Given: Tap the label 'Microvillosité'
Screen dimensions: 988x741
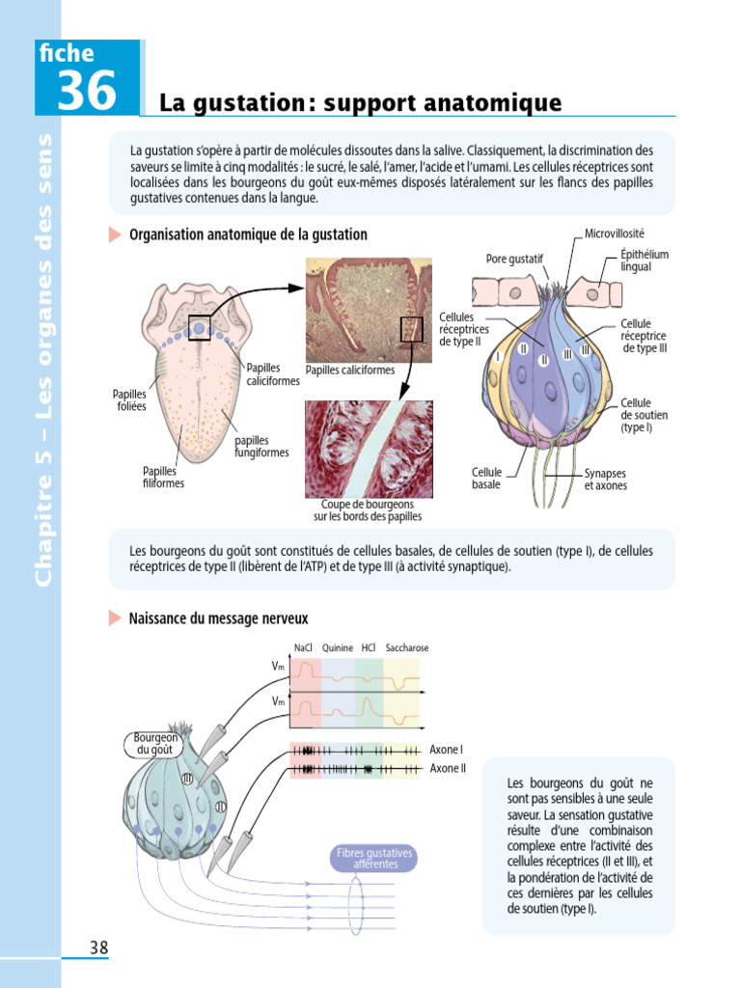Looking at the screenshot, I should (x=614, y=233).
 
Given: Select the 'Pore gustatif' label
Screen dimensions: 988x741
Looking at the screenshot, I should (x=515, y=259).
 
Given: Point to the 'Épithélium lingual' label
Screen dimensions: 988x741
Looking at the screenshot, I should (x=644, y=261).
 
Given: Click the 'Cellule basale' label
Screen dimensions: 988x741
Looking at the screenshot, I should (x=486, y=479).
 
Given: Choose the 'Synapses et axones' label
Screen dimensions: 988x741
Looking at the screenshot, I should (x=605, y=480).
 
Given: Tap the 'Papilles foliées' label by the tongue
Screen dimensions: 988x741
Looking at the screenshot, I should (x=129, y=400).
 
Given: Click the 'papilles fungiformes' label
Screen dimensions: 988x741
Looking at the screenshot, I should (x=261, y=447).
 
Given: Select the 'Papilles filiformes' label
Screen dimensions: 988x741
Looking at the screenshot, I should (x=163, y=477).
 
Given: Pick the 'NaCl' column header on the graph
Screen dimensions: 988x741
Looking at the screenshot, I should (x=302, y=647).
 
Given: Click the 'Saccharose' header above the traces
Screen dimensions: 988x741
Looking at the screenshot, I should (x=406, y=647).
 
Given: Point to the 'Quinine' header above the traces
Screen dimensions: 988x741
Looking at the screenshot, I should (x=338, y=647).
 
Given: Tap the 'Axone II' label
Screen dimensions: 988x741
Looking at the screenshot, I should (x=447, y=769).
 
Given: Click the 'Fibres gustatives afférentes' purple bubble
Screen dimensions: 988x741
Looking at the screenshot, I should (x=374, y=859).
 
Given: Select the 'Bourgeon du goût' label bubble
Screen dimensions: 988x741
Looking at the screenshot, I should (x=154, y=743).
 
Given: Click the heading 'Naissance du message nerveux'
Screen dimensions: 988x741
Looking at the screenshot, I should (x=218, y=618).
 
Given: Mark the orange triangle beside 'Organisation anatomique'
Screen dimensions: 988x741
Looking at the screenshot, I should (x=115, y=234).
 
